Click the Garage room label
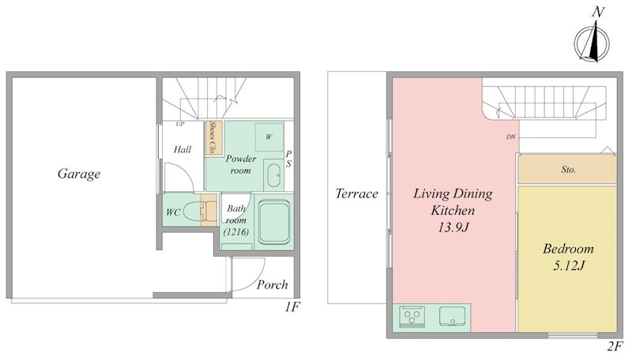pos(79,174)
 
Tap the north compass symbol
pos(592,40)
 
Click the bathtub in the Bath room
pos(274,221)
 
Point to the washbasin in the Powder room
pos(273,175)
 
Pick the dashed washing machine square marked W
pos(269,137)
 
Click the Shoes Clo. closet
pos(211,137)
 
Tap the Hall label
pos(182,150)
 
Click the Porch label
pos(273,285)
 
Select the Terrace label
pos(357,193)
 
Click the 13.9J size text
pos(453,227)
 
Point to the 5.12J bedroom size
pos(569,266)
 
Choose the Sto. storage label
pos(568,170)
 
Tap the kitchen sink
pos(452,316)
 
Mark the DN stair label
pos(510,137)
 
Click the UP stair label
pos(180,124)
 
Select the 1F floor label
pos(292,307)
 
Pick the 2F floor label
pos(615,346)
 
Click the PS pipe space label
pos(288,159)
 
